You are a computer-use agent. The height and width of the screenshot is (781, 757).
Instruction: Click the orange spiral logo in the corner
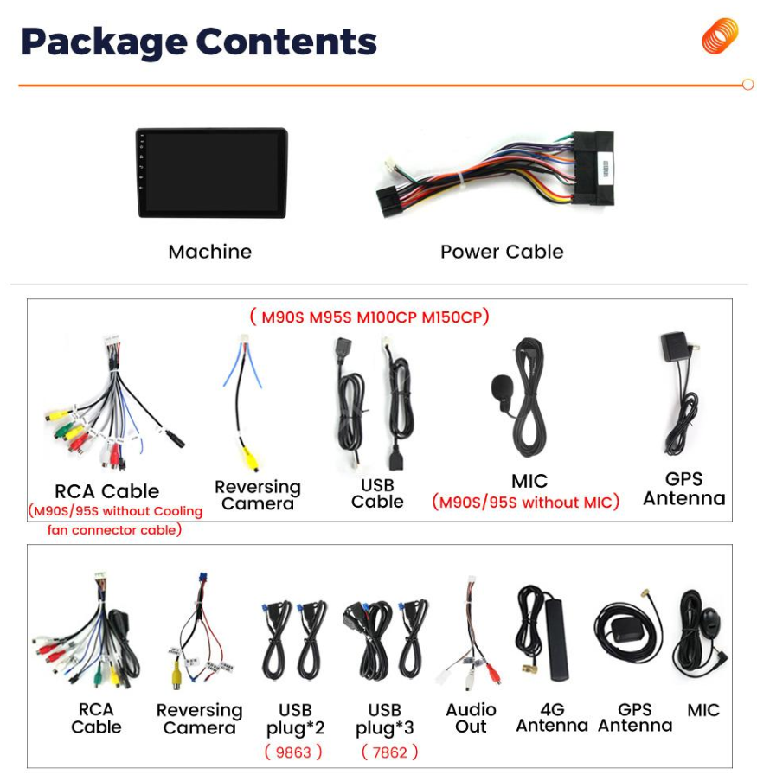720,36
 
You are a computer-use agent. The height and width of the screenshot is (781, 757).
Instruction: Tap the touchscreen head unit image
211,172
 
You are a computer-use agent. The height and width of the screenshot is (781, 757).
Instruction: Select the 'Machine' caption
210,252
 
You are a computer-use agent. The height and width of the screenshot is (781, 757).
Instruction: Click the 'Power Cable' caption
502,252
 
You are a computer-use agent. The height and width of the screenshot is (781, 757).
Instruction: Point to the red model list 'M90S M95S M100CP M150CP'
369,317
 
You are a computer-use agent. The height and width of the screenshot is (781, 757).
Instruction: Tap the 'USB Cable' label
377,493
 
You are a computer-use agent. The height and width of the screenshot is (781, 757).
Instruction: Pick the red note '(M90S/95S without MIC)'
526,503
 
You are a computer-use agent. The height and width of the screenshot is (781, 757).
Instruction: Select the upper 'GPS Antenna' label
683,489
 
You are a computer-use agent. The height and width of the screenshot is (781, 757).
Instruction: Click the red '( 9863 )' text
293,752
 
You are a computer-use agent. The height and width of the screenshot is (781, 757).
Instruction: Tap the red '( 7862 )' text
389,752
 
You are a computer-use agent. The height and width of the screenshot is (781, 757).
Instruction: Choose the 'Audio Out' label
471,718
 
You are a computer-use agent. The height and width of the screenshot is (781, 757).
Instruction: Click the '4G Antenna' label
552,718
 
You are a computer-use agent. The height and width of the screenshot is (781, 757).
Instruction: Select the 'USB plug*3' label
385,719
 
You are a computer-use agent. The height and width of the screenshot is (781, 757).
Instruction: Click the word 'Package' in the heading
103,42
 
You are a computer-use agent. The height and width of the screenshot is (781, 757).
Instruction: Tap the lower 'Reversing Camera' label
199,719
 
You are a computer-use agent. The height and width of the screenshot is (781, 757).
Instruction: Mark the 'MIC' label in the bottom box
703,710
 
